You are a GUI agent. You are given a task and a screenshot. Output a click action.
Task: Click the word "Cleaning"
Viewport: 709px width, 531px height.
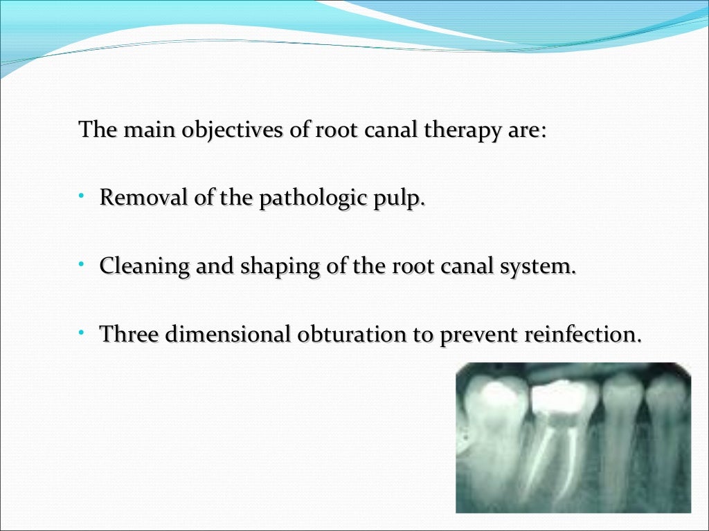144,266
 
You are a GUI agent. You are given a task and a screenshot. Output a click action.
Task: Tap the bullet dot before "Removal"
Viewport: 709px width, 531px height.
81,197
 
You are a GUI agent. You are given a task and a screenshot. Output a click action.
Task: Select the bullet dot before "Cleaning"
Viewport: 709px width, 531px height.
81,265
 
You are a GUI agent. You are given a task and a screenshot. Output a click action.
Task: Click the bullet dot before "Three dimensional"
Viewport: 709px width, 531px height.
81,333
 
